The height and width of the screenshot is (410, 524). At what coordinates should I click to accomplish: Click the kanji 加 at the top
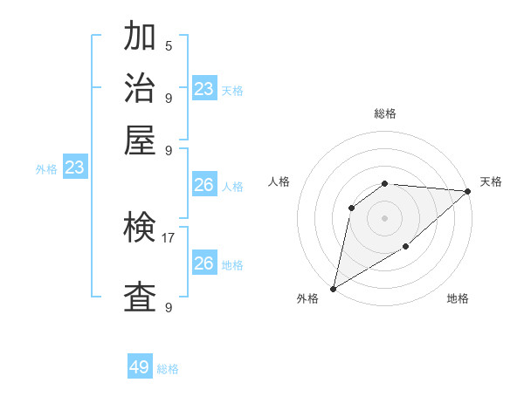click(x=140, y=37)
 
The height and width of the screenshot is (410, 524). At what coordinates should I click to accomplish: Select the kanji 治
click(x=140, y=89)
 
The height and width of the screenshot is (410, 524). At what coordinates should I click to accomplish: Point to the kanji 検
click(x=140, y=229)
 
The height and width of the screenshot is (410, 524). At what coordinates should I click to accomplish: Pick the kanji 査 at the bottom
click(x=140, y=297)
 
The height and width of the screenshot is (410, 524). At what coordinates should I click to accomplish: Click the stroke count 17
click(x=168, y=237)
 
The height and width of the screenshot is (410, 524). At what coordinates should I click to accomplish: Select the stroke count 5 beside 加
click(x=169, y=45)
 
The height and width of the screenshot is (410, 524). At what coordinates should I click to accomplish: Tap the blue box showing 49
click(x=140, y=367)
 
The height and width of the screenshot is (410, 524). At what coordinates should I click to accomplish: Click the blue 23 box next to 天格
click(x=203, y=89)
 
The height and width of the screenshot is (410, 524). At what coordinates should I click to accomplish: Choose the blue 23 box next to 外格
click(x=74, y=168)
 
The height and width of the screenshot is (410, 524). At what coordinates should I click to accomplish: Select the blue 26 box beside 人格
click(x=203, y=185)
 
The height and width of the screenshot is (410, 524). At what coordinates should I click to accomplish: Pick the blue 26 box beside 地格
click(x=203, y=263)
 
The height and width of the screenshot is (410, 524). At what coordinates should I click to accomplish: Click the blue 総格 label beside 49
click(x=168, y=369)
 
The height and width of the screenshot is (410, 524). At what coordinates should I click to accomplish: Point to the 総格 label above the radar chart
click(x=384, y=113)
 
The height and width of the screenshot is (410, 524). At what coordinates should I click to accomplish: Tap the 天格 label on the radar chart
click(x=491, y=181)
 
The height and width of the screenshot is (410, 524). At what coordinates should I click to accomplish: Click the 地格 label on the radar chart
click(x=458, y=299)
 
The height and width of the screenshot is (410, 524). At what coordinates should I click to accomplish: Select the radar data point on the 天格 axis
click(x=468, y=191)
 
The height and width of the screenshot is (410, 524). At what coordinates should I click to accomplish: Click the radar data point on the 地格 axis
click(x=406, y=248)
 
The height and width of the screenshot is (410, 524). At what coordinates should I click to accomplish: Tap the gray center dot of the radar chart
click(x=384, y=217)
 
